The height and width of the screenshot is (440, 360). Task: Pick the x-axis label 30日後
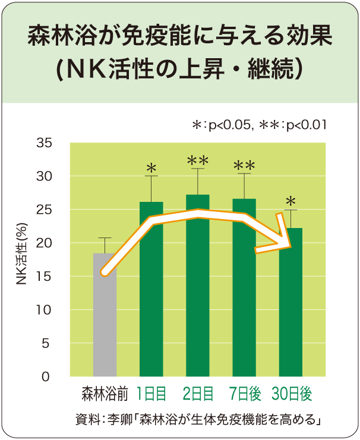pos(291,394)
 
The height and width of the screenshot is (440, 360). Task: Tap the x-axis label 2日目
pos(197,394)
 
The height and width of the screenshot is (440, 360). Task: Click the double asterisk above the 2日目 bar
pos(197,160)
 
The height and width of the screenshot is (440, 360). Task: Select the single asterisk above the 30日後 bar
pos(290,201)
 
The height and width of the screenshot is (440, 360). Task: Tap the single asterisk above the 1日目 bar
pos(151,169)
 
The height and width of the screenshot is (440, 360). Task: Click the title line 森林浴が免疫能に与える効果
pos(180,37)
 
